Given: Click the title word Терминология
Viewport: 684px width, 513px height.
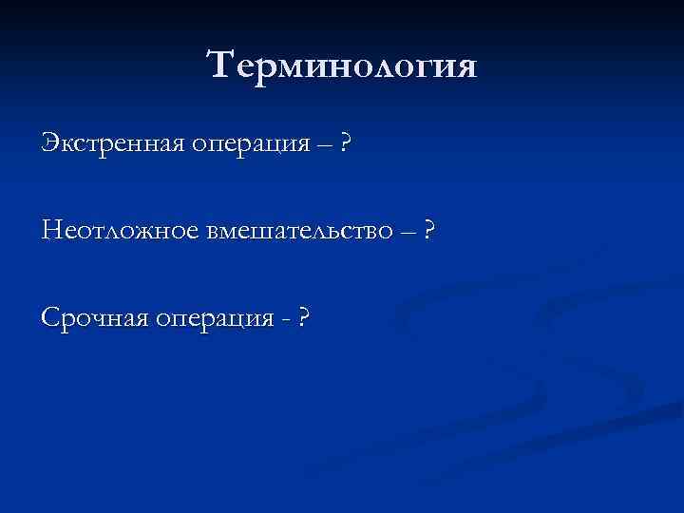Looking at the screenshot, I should (x=341, y=67).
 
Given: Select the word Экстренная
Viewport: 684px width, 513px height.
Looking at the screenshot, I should (x=111, y=144).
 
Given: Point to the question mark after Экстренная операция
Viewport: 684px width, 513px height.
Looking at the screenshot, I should (x=348, y=144).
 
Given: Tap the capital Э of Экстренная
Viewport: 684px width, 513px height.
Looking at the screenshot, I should (x=49, y=144).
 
